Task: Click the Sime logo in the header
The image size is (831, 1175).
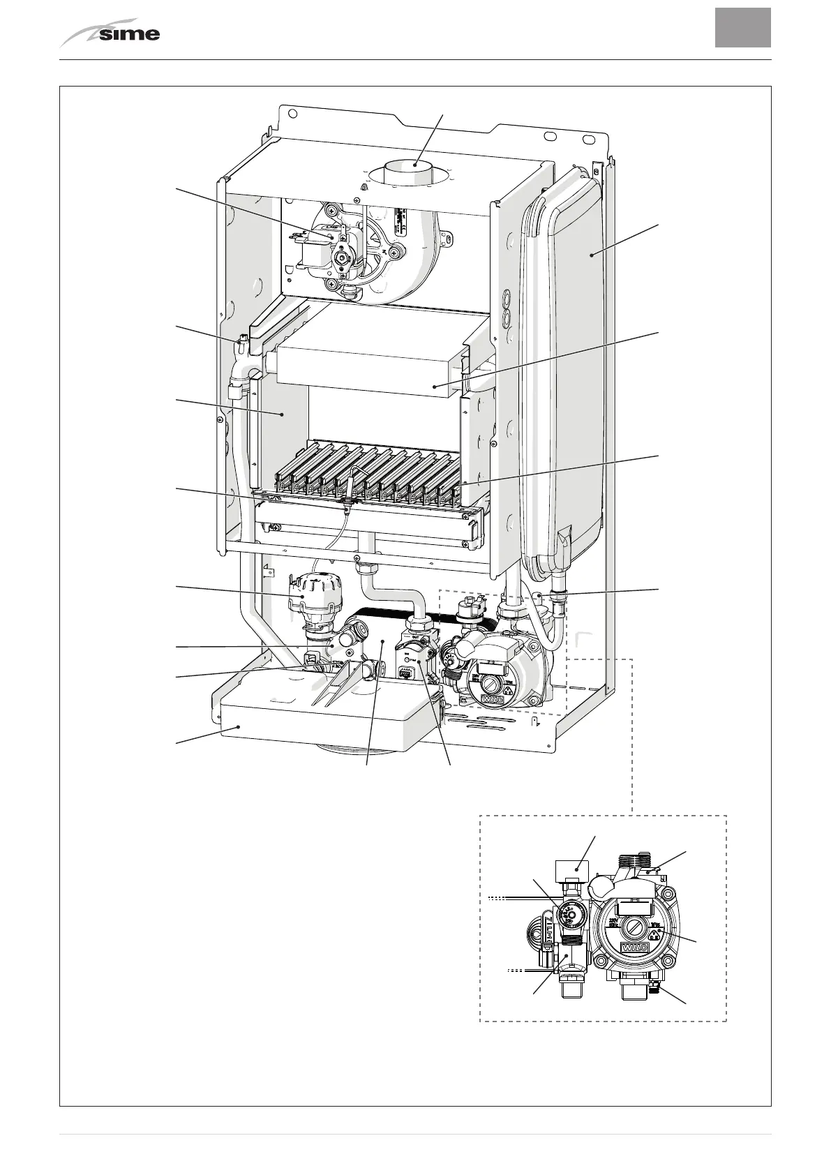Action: pos(112,33)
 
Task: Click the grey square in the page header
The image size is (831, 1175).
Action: pos(742,27)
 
